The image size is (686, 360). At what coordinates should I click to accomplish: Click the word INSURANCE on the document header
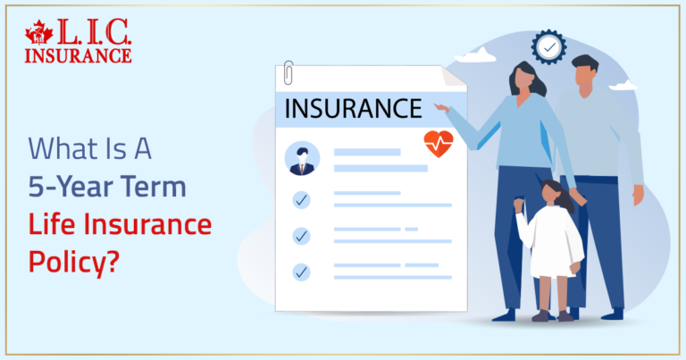(352, 109)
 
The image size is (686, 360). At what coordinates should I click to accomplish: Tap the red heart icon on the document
(438, 143)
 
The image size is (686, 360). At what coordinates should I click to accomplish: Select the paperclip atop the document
(289, 72)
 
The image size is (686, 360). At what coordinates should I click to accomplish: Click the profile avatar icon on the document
(302, 159)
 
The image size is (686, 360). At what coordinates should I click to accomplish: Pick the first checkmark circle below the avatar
(302, 199)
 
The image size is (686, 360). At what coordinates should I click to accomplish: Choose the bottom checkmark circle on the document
(302, 271)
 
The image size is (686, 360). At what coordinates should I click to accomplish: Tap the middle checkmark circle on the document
(302, 236)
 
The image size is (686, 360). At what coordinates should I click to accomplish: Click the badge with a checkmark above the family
(548, 46)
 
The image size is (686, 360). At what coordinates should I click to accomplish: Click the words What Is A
(89, 148)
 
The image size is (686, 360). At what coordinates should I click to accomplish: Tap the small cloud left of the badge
(475, 55)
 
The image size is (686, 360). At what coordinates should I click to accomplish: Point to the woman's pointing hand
(439, 105)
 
